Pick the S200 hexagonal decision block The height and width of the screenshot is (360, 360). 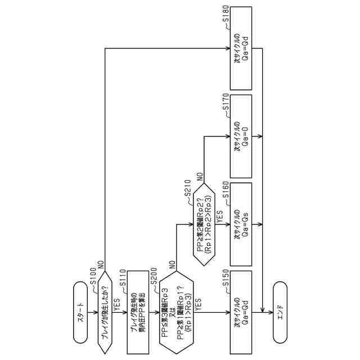point(177,312)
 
